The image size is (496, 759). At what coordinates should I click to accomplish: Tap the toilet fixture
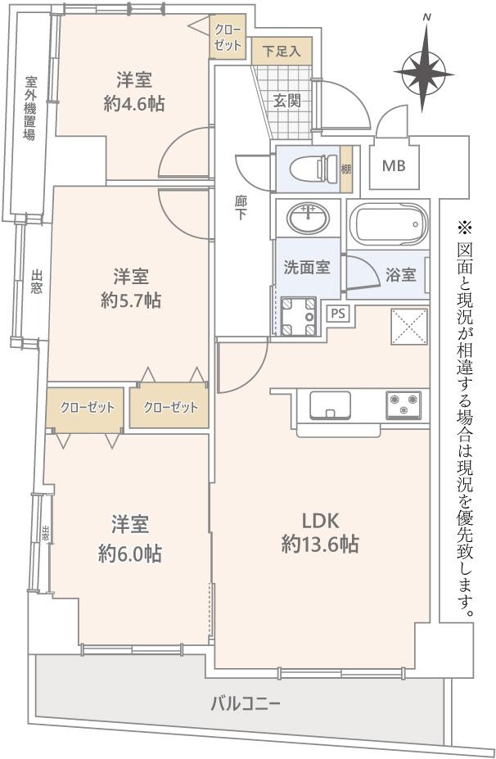(314, 168)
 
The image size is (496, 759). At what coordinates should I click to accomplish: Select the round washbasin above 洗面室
(309, 217)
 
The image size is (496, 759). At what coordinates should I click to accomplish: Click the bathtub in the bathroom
(389, 225)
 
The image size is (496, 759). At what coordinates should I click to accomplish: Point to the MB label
(394, 166)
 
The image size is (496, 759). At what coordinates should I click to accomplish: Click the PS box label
(338, 314)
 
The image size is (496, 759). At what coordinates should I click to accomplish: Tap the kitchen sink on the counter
(331, 405)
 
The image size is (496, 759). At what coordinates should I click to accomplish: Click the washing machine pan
(298, 317)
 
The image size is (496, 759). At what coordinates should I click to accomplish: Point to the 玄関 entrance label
(287, 101)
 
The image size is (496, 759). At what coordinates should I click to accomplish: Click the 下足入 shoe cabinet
(282, 50)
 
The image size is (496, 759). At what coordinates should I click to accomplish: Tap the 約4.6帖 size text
(134, 104)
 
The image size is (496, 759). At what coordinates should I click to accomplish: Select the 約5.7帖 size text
(131, 301)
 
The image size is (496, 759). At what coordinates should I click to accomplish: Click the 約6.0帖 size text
(129, 553)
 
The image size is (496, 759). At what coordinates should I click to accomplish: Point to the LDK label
(320, 521)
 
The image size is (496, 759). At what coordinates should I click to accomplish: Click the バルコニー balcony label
(246, 703)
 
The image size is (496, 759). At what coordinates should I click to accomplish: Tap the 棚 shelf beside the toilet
(346, 169)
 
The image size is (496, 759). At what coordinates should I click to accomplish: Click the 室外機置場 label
(30, 108)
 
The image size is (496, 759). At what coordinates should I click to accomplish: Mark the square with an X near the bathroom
(409, 325)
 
